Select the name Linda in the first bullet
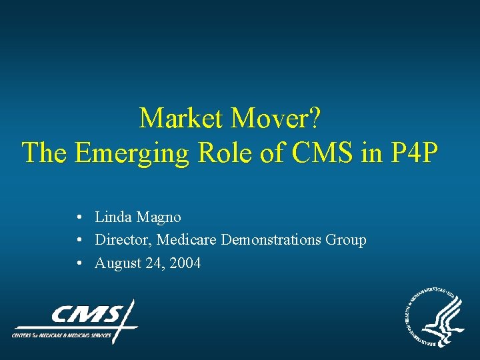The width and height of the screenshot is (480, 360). (113, 217)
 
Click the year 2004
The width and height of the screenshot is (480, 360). (185, 263)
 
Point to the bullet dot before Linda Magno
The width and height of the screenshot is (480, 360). (79, 217)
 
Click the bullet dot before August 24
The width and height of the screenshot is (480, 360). (79, 263)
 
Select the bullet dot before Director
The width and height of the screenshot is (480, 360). (79, 240)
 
